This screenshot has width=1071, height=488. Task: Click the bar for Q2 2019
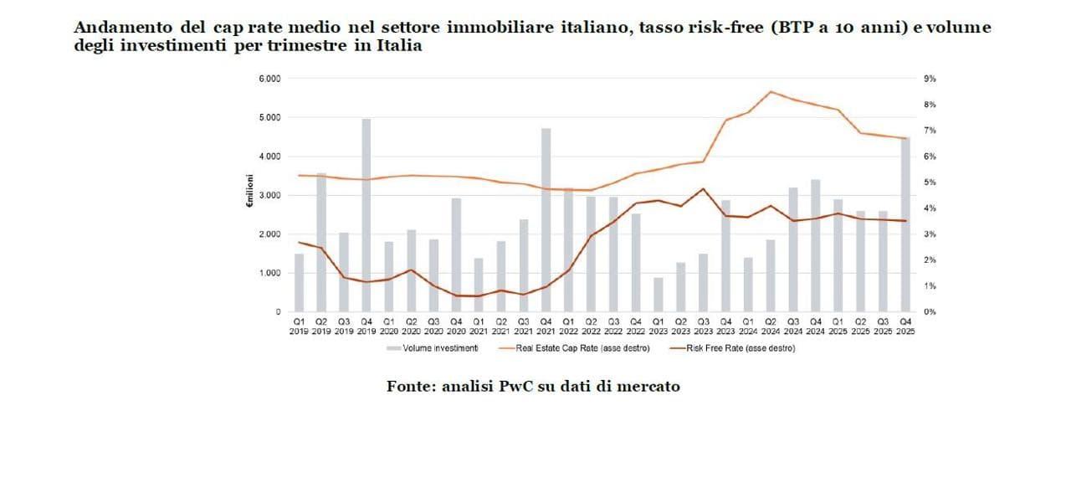point(321,243)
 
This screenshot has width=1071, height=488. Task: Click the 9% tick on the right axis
point(930,79)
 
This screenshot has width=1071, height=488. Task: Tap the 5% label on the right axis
point(930,182)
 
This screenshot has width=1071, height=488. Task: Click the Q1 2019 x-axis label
point(299,326)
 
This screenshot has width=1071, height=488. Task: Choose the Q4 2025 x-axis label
point(905,326)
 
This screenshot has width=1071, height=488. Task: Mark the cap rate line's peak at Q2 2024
point(771,91)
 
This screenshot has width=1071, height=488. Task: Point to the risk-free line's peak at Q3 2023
point(704,188)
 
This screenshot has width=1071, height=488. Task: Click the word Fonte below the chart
point(407,387)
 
